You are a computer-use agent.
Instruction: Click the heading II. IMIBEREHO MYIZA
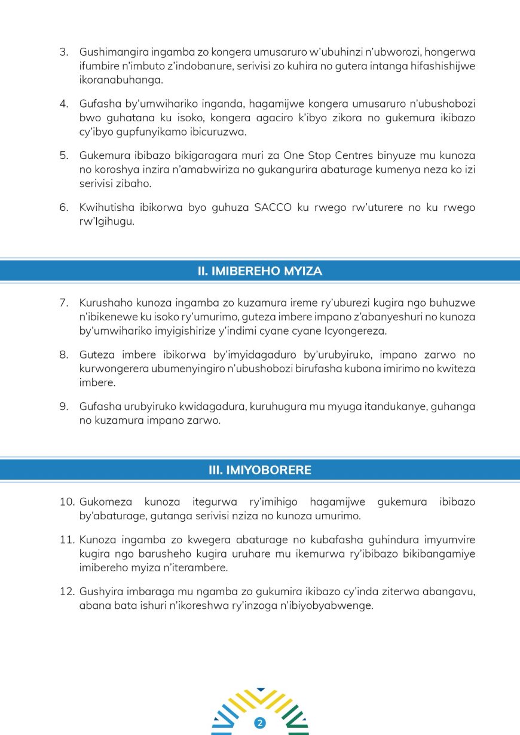[259, 271]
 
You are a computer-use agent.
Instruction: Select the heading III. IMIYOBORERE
[259, 470]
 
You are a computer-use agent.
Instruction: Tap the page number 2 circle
[259, 723]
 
